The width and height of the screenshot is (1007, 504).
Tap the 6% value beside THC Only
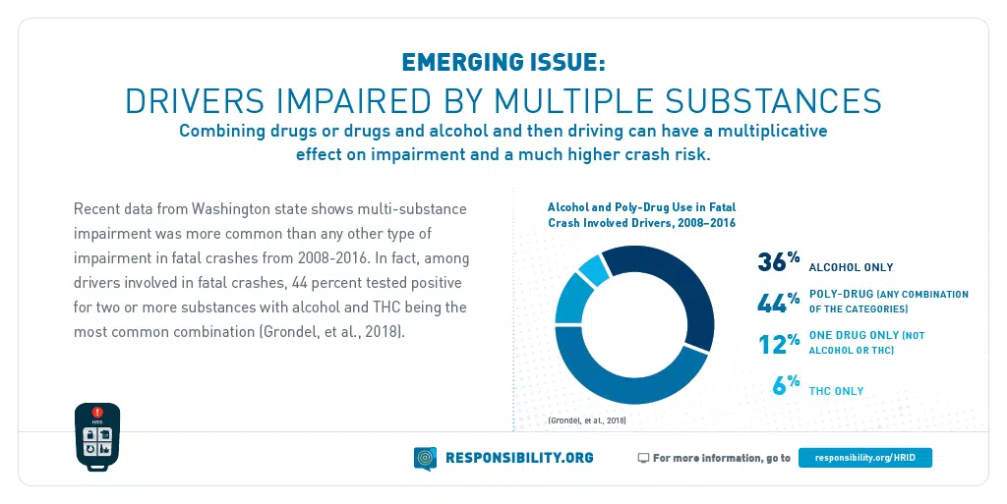(785, 385)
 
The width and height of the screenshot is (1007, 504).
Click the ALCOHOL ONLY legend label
(851, 267)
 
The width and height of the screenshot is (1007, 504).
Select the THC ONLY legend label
(836, 391)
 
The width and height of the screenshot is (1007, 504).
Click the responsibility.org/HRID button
(864, 458)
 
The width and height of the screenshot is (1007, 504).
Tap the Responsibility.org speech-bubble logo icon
(425, 458)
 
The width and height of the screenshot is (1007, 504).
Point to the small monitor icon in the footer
(643, 458)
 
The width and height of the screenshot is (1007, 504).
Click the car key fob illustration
(97, 436)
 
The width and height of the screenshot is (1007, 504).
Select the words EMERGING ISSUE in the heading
(503, 63)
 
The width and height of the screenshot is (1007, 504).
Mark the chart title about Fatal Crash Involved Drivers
(641, 215)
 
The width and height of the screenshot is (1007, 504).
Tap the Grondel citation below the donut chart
(586, 420)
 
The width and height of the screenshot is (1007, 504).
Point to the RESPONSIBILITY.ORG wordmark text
(519, 458)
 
